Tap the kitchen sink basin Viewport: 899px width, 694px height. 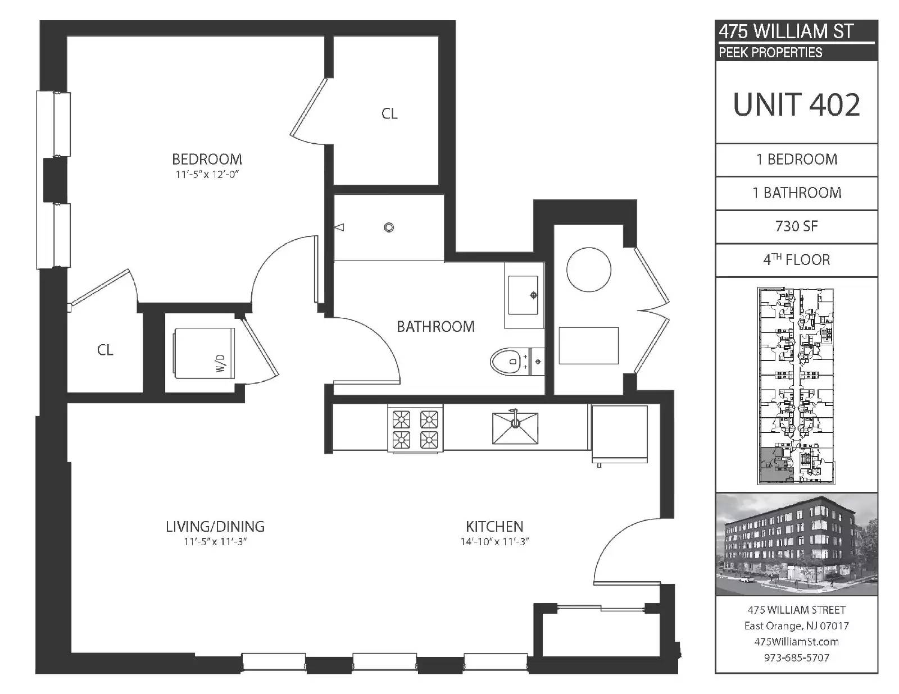pyautogui.click(x=515, y=428)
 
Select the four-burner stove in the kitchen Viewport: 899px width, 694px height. pyautogui.click(x=415, y=428)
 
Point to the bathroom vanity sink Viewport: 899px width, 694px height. pyautogui.click(x=523, y=295)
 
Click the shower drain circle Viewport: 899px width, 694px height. pyautogui.click(x=389, y=227)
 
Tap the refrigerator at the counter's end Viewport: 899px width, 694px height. pyautogui.click(x=619, y=433)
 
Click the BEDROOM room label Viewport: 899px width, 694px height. pyautogui.click(x=207, y=159)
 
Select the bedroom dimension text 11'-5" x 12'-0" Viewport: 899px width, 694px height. pyautogui.click(x=207, y=175)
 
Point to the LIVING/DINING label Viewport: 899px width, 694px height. pyautogui.click(x=215, y=527)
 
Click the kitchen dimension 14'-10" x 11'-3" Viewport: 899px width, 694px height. pyautogui.click(x=495, y=541)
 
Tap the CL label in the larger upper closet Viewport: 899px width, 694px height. pyautogui.click(x=389, y=113)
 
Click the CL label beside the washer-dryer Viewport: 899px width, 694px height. pyautogui.click(x=105, y=350)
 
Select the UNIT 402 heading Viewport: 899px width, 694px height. pyautogui.click(x=796, y=104)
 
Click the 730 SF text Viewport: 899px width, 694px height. pyautogui.click(x=796, y=226)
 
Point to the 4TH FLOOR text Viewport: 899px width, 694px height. pyautogui.click(x=796, y=259)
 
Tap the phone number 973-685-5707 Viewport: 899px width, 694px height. pyautogui.click(x=796, y=658)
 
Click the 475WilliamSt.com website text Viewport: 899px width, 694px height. pyautogui.click(x=796, y=642)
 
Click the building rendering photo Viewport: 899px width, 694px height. pyautogui.click(x=796, y=544)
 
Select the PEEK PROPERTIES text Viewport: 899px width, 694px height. pyautogui.click(x=770, y=52)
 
